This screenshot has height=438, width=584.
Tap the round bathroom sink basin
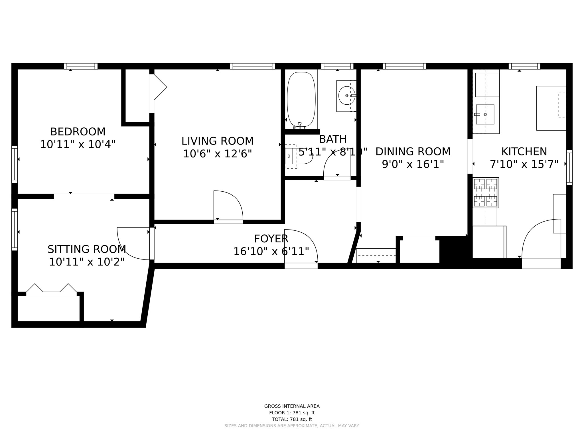[x=346, y=96]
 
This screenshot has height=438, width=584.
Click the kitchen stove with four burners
[x=485, y=192]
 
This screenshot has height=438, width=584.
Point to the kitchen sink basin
[x=485, y=114]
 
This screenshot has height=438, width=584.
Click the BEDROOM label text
[x=78, y=132]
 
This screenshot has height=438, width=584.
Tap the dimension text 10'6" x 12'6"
[x=217, y=154]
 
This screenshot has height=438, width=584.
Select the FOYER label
[x=271, y=239]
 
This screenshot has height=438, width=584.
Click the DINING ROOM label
[x=413, y=152]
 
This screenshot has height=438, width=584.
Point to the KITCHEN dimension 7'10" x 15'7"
[x=524, y=164]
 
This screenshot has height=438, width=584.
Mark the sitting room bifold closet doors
[x=51, y=289]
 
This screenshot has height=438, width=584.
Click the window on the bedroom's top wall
[x=81, y=66]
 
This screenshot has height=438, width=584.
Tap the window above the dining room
[x=404, y=66]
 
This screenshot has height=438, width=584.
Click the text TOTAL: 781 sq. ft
[x=292, y=419]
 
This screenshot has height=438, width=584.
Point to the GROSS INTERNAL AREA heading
[x=292, y=406]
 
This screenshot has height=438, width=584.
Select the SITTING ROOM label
[x=87, y=249]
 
